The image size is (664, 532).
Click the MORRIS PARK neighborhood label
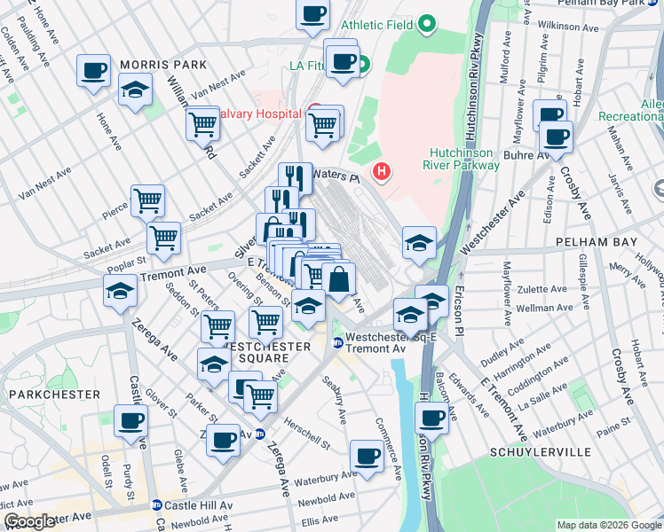[162, 65]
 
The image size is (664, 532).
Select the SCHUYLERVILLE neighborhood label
[539, 452]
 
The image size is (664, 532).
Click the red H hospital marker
[382, 171]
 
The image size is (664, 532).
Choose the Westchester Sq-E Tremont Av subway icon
[337, 342]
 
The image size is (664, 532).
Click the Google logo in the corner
[29, 521]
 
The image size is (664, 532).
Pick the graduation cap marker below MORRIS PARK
[136, 91]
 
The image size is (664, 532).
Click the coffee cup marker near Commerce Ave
[367, 456]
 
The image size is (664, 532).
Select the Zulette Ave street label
[542, 289]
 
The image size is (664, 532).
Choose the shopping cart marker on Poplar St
[164, 237]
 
